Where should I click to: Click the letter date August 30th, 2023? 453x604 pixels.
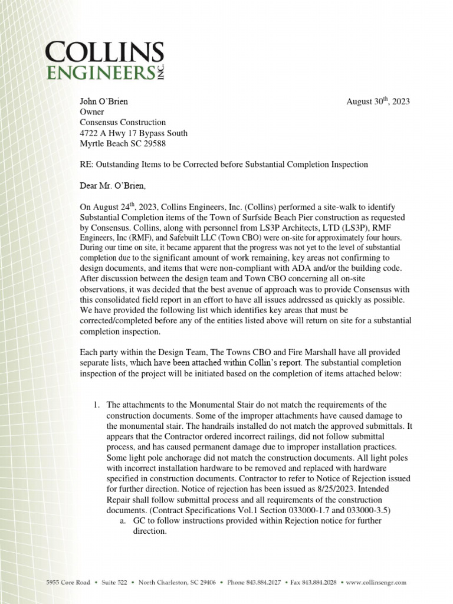377,101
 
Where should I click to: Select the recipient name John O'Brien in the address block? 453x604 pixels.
104,101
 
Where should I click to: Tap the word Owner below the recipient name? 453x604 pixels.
92,112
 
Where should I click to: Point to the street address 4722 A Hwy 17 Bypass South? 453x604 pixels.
134,133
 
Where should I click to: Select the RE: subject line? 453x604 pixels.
224,165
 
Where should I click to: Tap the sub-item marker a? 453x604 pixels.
122,521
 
